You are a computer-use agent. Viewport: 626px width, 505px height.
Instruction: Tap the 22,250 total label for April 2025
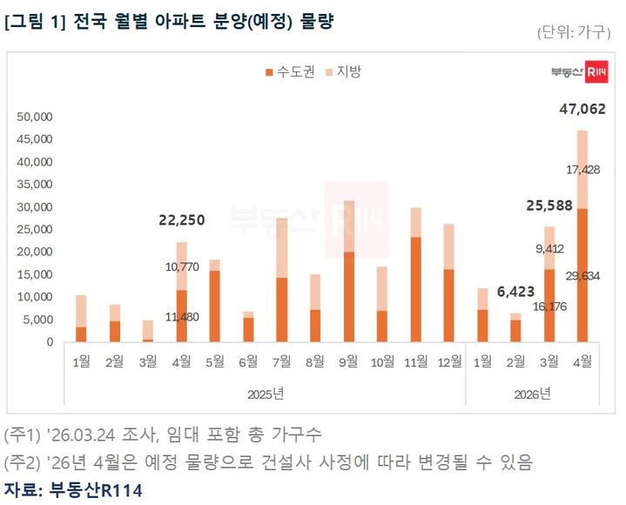pos(182,221)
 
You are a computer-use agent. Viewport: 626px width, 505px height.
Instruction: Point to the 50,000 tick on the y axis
pos(36,116)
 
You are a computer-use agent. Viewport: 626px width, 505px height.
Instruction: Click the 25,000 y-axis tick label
pos(36,229)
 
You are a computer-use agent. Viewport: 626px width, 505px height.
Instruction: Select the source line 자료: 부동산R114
pos(73,488)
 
